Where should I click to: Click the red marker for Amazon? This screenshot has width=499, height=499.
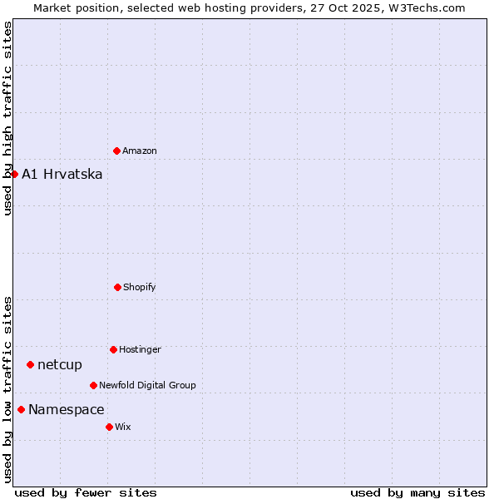point(116,151)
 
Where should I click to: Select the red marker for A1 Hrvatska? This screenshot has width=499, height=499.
point(14,174)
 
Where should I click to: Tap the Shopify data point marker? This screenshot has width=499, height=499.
point(117,287)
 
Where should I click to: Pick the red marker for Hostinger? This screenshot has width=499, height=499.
point(113,349)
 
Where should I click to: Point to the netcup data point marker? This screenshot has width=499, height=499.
point(30,364)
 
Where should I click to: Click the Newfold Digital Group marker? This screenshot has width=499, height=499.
point(93,385)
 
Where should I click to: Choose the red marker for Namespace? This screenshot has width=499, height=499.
point(21,409)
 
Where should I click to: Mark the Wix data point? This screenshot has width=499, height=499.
point(109,427)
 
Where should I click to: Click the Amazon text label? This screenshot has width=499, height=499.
point(140,151)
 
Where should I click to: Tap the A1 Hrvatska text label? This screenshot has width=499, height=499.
point(62,174)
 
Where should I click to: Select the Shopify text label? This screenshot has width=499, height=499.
point(140,287)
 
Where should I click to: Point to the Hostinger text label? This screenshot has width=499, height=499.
point(140,349)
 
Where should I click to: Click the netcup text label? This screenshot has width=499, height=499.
point(60,364)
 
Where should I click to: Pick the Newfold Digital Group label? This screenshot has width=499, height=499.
point(147,385)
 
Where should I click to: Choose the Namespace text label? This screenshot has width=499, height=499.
point(67,409)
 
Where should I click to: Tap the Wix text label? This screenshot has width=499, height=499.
point(123,427)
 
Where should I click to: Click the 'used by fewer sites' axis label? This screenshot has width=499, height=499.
point(86,492)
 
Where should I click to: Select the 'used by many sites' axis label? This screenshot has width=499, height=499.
point(417,492)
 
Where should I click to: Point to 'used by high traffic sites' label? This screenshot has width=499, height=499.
point(7,118)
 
